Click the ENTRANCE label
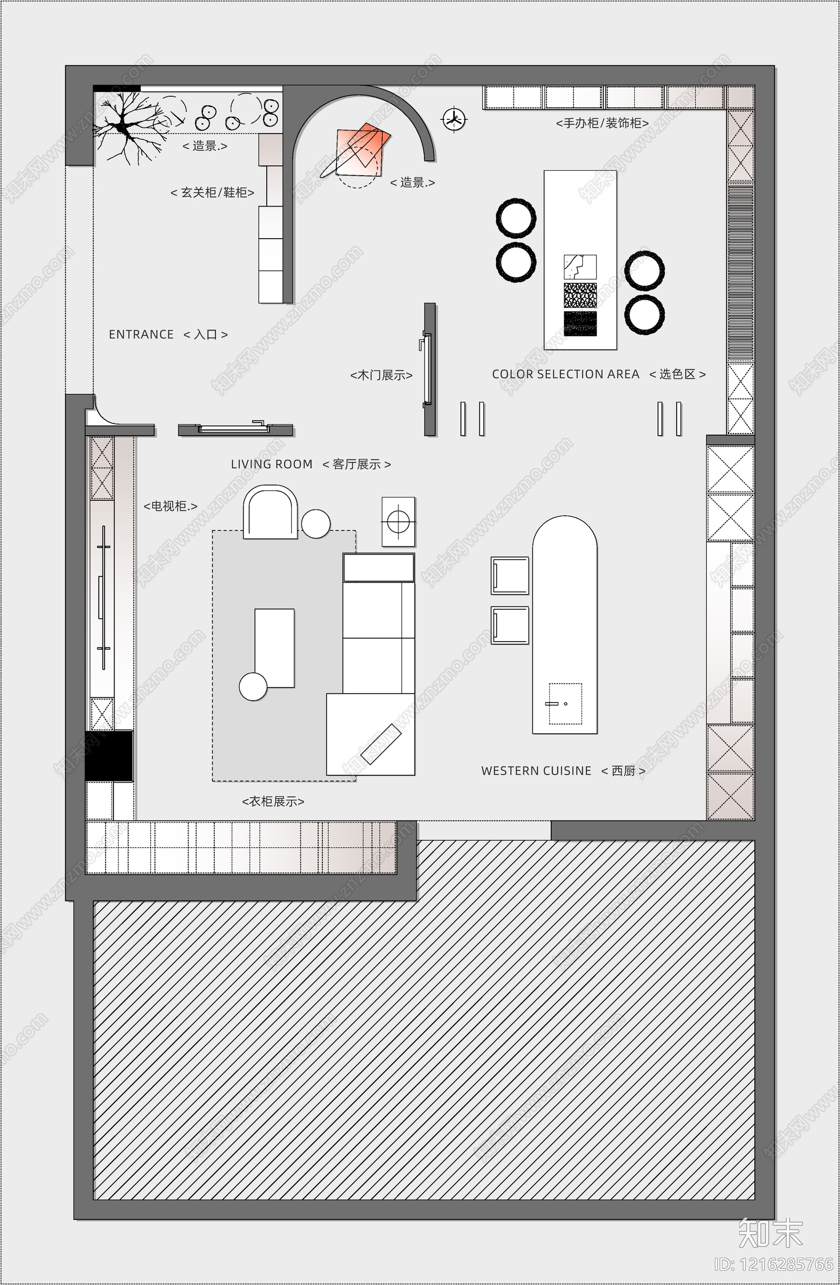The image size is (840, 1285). pos(141,334)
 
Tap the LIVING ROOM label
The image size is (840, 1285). pos(271,464)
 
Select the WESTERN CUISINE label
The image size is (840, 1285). pos(536,771)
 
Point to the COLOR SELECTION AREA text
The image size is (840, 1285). pos(565,374)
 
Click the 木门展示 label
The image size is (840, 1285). pos(382,375)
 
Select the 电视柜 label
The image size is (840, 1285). pos(171,507)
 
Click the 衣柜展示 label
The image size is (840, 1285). pos(273,802)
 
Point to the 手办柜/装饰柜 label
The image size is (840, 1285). pos(602,123)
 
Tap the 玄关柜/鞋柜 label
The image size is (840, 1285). pos(213,193)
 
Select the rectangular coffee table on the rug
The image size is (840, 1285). pos(275,648)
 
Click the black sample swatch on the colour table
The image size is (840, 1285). pos(580,323)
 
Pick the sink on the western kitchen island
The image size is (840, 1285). pos(565,704)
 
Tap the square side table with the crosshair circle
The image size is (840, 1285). pos(398,521)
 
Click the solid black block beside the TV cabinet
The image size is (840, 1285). pos(109,756)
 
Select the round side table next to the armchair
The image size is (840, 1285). pos(316,523)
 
